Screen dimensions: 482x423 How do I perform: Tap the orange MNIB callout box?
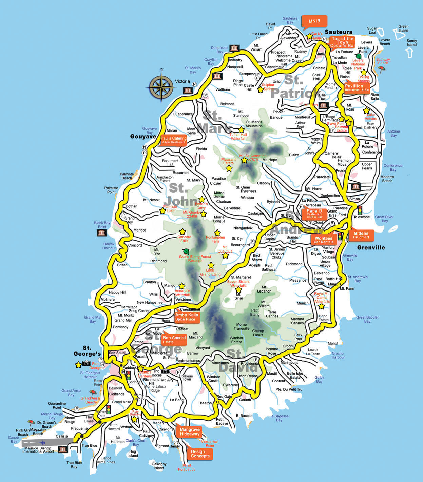(x=314, y=21)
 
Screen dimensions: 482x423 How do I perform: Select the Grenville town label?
(x=371, y=248)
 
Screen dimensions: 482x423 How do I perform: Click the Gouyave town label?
(x=143, y=137)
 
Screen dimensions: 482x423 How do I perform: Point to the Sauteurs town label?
(x=338, y=32)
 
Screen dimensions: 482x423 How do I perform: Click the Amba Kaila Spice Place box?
(x=186, y=317)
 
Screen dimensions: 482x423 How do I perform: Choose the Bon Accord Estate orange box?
(x=174, y=339)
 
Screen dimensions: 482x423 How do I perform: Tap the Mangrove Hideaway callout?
(x=189, y=432)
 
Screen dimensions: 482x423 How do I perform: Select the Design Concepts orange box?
(x=200, y=454)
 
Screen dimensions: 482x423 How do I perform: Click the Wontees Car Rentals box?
(x=323, y=240)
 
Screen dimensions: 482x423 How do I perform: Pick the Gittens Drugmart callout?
(x=361, y=235)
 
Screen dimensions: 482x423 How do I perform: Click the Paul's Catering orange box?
(x=173, y=140)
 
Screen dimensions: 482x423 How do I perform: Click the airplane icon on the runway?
(x=43, y=442)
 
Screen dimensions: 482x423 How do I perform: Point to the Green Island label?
(x=403, y=28)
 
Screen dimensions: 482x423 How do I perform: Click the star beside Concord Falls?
(x=182, y=232)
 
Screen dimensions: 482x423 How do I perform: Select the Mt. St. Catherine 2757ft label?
(x=253, y=158)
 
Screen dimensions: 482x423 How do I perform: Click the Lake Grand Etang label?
(x=210, y=272)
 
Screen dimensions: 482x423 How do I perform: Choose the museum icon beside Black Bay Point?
(x=102, y=233)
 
